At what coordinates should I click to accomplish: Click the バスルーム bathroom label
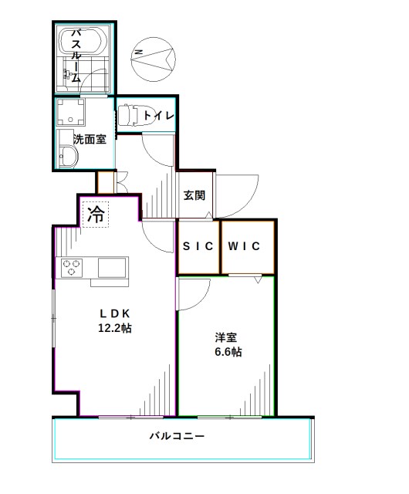click(x=77, y=55)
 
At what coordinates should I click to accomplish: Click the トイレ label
click(x=157, y=116)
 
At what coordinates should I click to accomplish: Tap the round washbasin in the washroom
click(x=68, y=159)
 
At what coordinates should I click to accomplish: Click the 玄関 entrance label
click(x=194, y=195)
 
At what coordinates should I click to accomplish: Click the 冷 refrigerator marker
click(x=96, y=215)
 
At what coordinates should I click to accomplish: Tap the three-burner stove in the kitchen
click(x=73, y=269)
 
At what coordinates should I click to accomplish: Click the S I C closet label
click(x=198, y=246)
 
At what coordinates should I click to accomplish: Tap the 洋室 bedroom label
click(x=225, y=337)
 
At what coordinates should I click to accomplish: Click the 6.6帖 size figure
click(x=225, y=352)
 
